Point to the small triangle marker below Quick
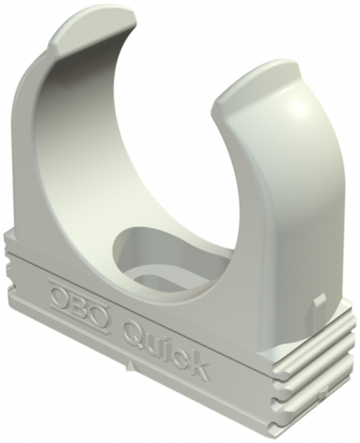coord(131,364)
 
